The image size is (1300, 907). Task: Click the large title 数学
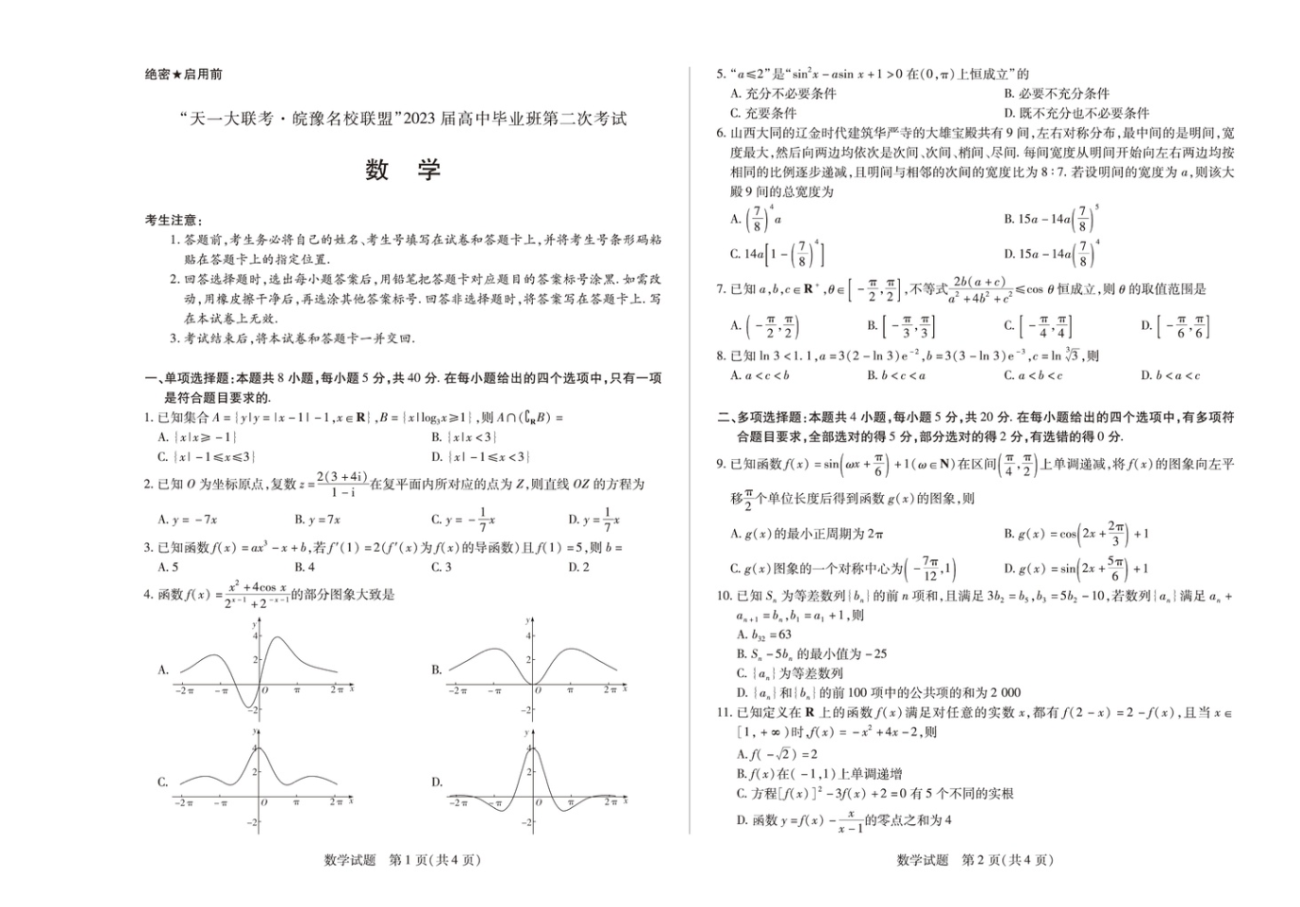[x=403, y=170]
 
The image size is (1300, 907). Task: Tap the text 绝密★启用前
[x=183, y=74]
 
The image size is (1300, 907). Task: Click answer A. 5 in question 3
[x=168, y=567]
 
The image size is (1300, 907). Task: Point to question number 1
[x=148, y=417]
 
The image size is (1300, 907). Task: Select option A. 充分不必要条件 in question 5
[x=783, y=93]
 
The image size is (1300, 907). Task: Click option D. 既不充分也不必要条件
[x=1076, y=112]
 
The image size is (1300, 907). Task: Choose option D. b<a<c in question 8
[x=1170, y=375]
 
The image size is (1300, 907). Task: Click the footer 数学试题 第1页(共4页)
[x=403, y=860]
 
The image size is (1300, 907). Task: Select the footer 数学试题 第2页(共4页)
[x=975, y=860]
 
